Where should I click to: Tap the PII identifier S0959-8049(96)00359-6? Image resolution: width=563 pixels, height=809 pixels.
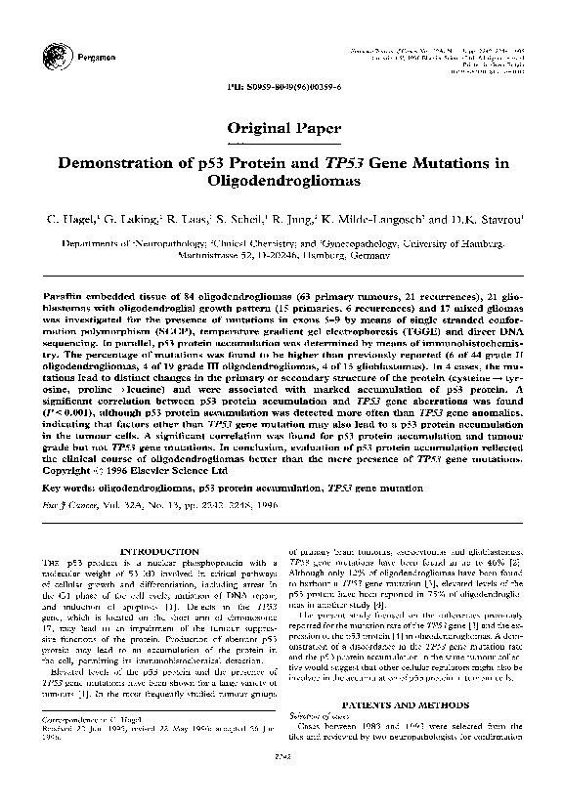(x=281, y=88)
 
